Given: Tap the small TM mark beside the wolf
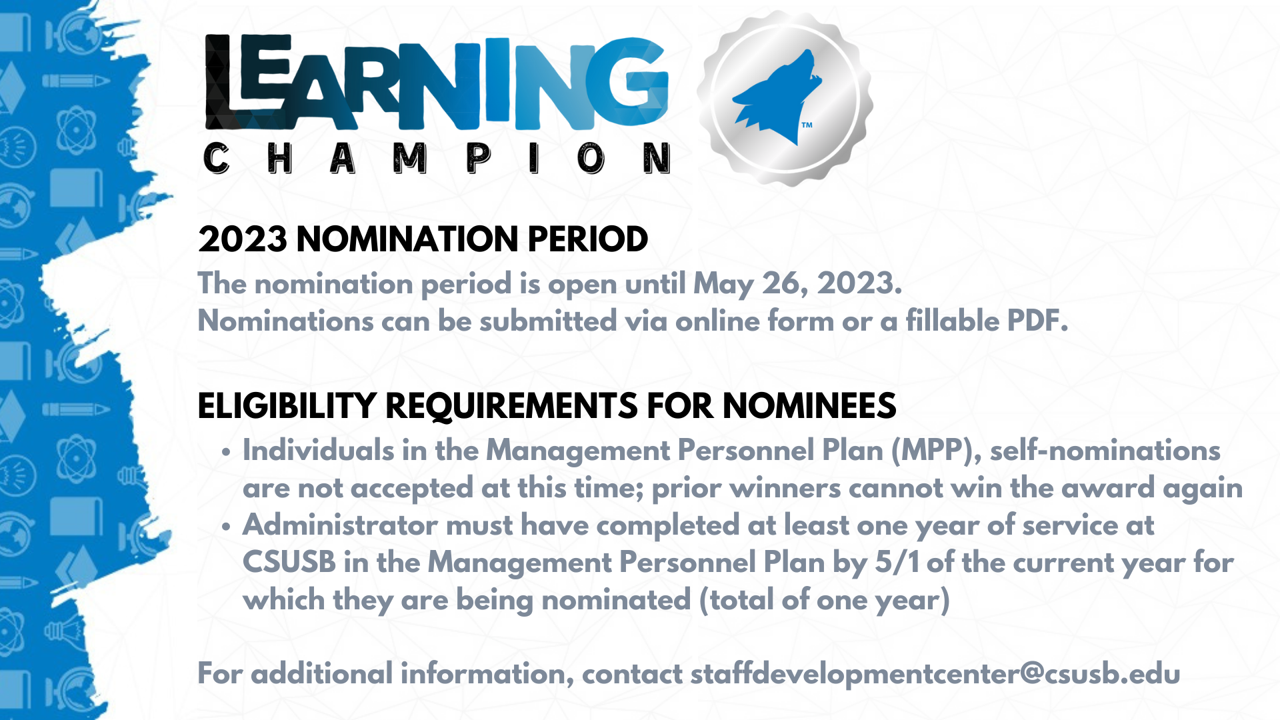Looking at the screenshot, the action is (x=807, y=125).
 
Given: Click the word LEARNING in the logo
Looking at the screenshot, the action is (x=437, y=83).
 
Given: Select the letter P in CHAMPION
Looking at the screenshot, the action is (x=479, y=159).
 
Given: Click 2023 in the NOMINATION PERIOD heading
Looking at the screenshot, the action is (x=243, y=239).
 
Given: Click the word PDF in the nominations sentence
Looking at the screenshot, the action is (x=1037, y=321).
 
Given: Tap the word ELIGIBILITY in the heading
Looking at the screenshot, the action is (x=287, y=406).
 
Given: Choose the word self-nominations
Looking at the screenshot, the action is (x=1105, y=451).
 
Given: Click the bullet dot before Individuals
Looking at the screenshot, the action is (x=226, y=453).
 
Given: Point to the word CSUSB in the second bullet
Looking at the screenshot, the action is (x=289, y=562).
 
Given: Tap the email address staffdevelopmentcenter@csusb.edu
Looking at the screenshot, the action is (x=935, y=674).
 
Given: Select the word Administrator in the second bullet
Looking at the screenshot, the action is (x=341, y=525).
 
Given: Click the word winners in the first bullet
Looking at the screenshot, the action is (x=785, y=488).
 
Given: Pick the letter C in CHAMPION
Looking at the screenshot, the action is (x=216, y=159).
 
